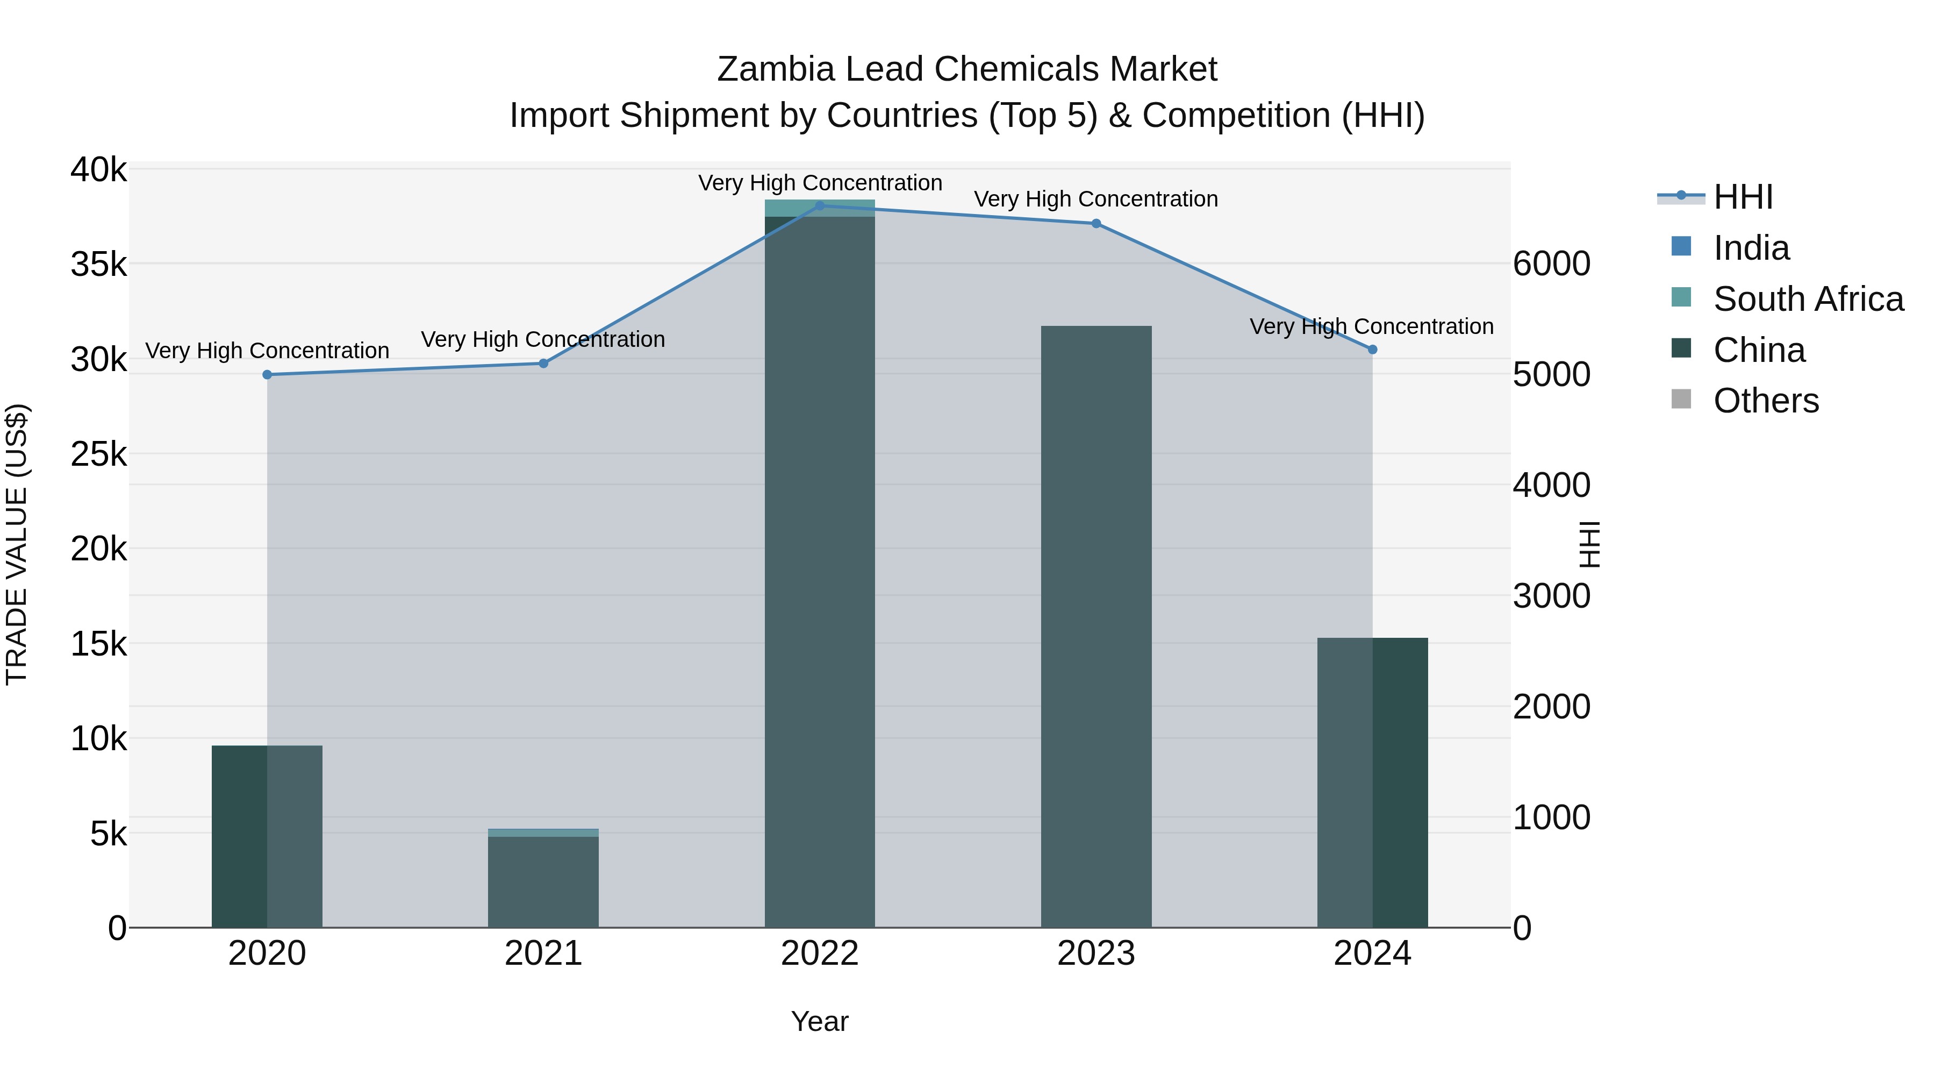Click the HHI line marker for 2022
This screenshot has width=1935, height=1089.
(x=820, y=206)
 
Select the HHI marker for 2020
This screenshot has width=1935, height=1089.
(x=268, y=375)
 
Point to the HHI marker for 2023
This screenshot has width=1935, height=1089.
(x=1096, y=224)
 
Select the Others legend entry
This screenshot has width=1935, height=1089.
(x=1765, y=401)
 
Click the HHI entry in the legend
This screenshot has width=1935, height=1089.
(x=1743, y=197)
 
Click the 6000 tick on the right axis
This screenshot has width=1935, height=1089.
(x=1551, y=264)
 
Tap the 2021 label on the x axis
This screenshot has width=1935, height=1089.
(x=543, y=953)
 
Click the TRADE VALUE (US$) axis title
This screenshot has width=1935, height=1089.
(x=17, y=544)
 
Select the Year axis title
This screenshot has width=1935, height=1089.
(x=820, y=1021)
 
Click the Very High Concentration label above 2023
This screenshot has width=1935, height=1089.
(x=1096, y=199)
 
